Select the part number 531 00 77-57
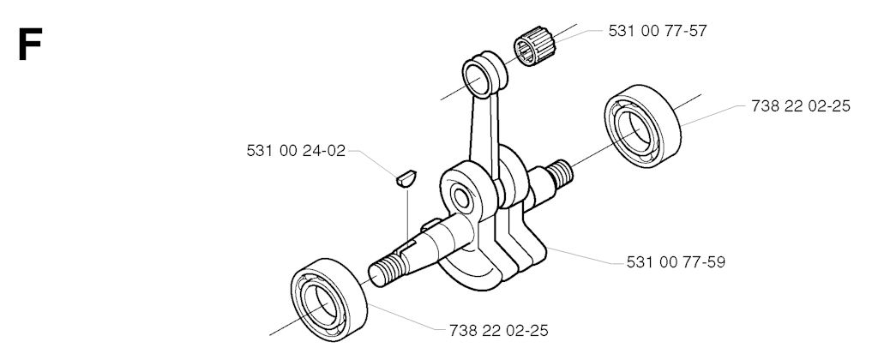(657, 30)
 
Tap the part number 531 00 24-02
(295, 151)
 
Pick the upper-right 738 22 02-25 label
(800, 106)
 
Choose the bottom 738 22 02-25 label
(498, 329)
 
